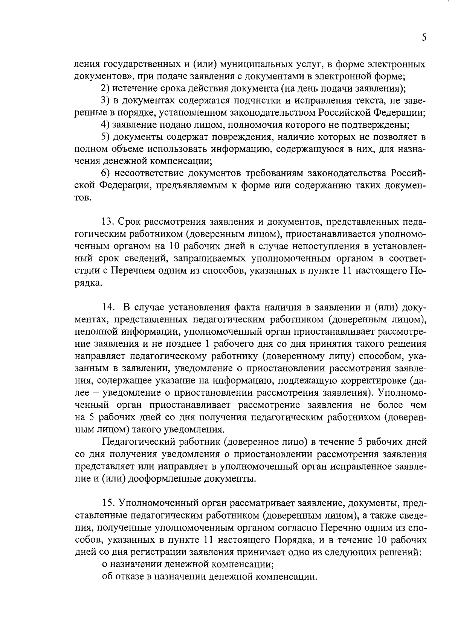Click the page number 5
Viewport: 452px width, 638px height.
click(x=424, y=38)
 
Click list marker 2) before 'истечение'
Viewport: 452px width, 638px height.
click(x=105, y=89)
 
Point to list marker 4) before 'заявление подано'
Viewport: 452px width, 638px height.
click(x=105, y=125)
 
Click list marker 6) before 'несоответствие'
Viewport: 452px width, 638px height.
click(x=105, y=173)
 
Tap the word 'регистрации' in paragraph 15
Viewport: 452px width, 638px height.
click(x=150, y=552)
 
